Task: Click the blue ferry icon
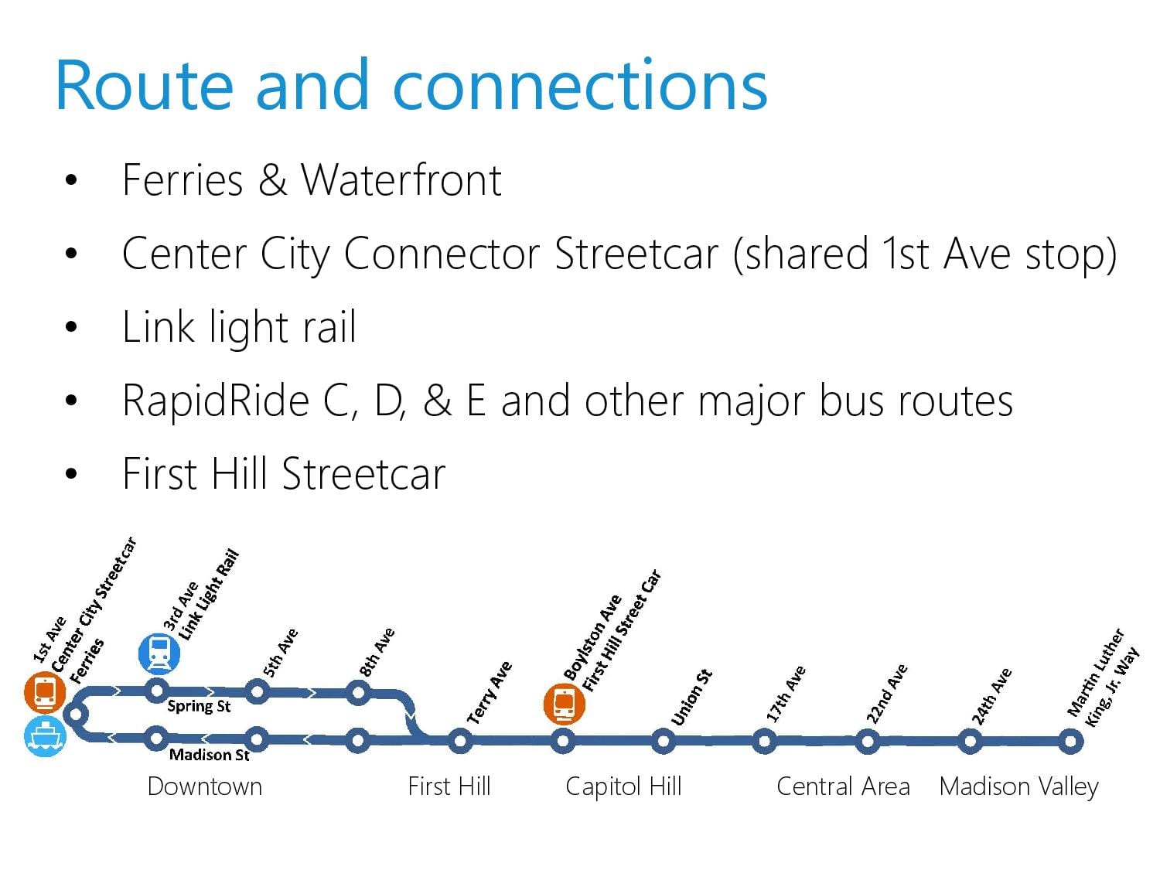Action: (x=45, y=737)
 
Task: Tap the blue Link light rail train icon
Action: (x=159, y=654)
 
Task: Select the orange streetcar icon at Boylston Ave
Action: (x=565, y=705)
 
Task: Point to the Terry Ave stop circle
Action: (x=460, y=741)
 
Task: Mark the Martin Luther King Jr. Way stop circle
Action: (x=1071, y=742)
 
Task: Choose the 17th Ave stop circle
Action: (x=764, y=742)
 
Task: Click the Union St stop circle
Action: (x=664, y=742)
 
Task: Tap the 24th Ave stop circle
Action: (x=971, y=742)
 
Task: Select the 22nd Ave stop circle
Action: (x=867, y=742)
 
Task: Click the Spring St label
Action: (x=199, y=707)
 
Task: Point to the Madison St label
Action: (x=210, y=755)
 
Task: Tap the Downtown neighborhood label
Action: (x=204, y=786)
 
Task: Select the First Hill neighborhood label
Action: (x=449, y=786)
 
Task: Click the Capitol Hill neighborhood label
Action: (x=623, y=787)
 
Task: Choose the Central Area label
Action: (x=844, y=786)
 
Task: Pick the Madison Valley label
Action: (x=1019, y=787)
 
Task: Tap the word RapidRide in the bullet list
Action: (x=216, y=401)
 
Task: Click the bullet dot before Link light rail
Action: (x=71, y=327)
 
